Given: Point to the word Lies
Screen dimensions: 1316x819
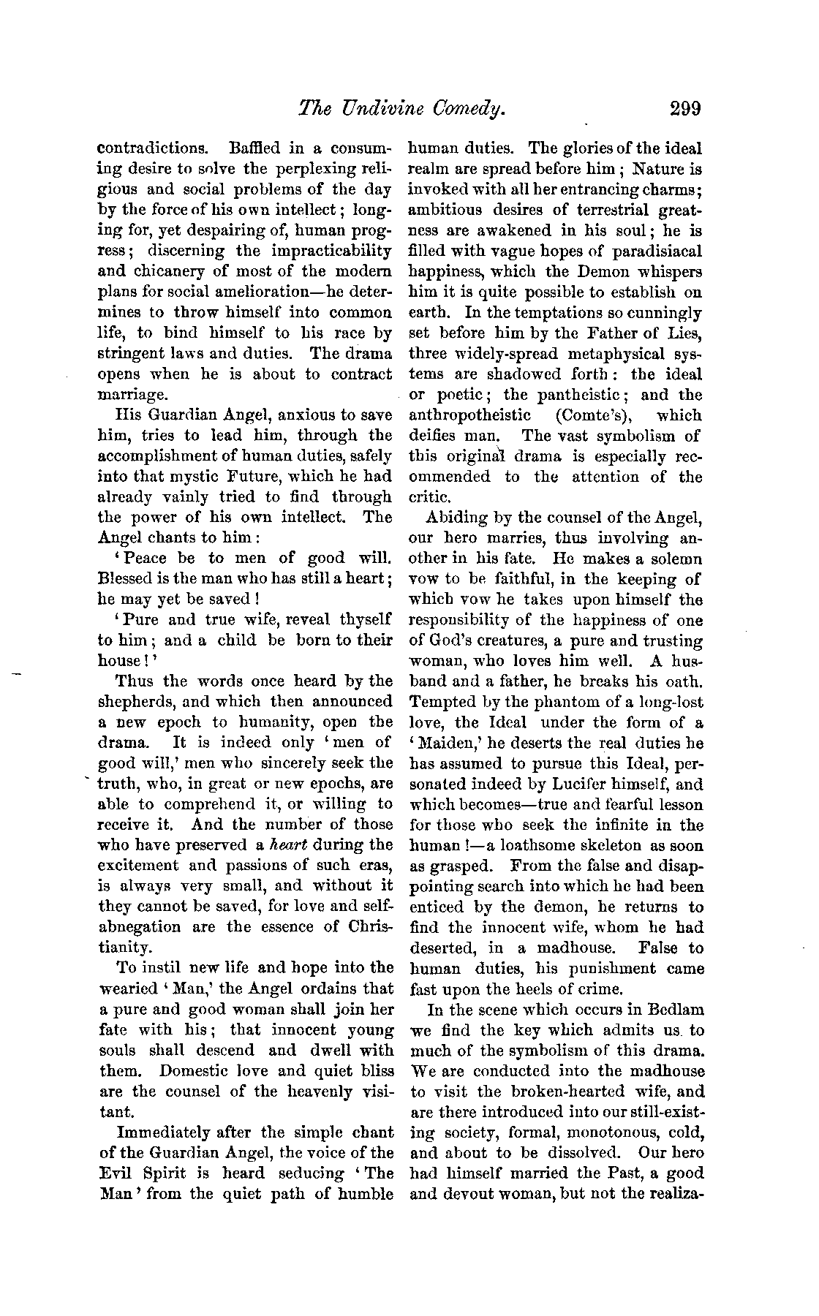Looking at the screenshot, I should coord(684,333).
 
